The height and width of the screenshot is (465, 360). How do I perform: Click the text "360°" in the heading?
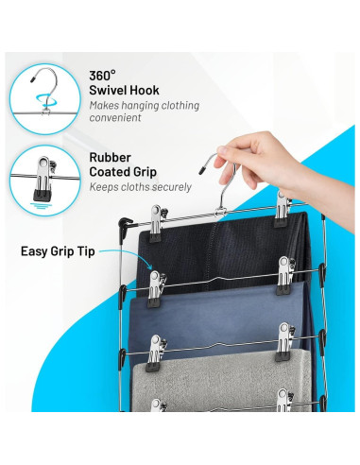tap(102, 76)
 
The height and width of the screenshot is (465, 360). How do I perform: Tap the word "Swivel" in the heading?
tap(108, 91)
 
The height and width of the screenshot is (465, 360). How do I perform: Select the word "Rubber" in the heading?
tap(110, 157)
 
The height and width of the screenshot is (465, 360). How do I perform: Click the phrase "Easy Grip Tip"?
tap(58, 251)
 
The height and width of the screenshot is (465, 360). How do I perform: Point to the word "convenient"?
tap(115, 118)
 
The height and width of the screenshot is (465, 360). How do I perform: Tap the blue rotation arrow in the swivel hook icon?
tap(45, 98)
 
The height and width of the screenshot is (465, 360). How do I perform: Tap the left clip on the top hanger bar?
tap(156, 223)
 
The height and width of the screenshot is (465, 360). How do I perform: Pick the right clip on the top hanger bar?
tap(283, 209)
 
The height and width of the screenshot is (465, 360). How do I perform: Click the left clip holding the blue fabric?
tap(156, 289)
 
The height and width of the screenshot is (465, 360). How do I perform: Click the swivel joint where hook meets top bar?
tap(220, 212)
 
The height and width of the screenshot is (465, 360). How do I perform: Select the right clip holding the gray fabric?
tap(284, 342)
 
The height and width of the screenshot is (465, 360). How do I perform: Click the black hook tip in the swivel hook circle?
tap(32, 79)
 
